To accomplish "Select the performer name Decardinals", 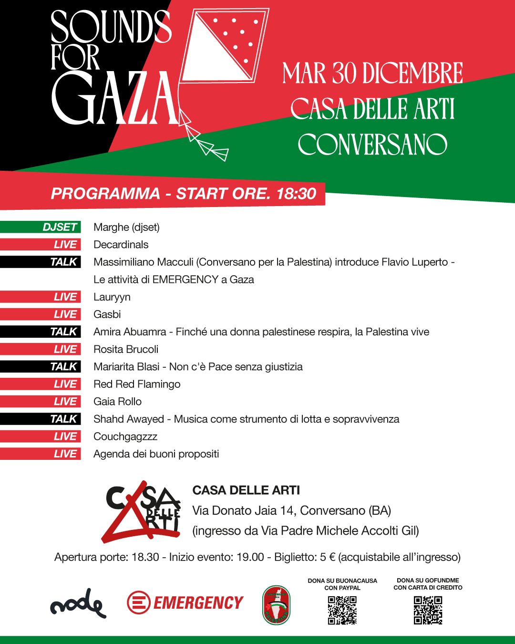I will coord(121,245).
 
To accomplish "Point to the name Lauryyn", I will coord(112,297).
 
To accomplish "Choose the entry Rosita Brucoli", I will coord(126,349).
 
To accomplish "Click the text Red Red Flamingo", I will coord(137,384).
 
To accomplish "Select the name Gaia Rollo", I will coord(117,402).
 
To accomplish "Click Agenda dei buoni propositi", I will coord(156,454).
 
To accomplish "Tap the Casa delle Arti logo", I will coord(142,512).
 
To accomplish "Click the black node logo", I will coord(78,604).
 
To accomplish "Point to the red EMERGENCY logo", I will coord(185,603).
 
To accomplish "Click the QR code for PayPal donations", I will coord(342,610).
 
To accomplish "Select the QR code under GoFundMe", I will coord(428,610).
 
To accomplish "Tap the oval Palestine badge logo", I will coord(277,605).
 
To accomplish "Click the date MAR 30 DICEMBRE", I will coord(372,73).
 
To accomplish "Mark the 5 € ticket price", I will coord(328,557).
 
